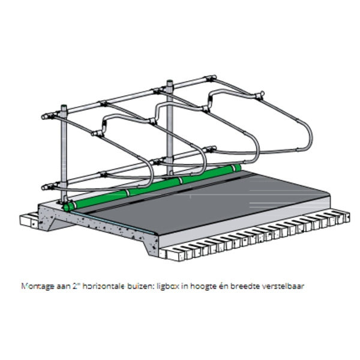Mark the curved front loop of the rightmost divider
click(306, 135)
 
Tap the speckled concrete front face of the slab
click(102, 231)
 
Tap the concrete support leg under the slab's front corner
click(151, 247)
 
